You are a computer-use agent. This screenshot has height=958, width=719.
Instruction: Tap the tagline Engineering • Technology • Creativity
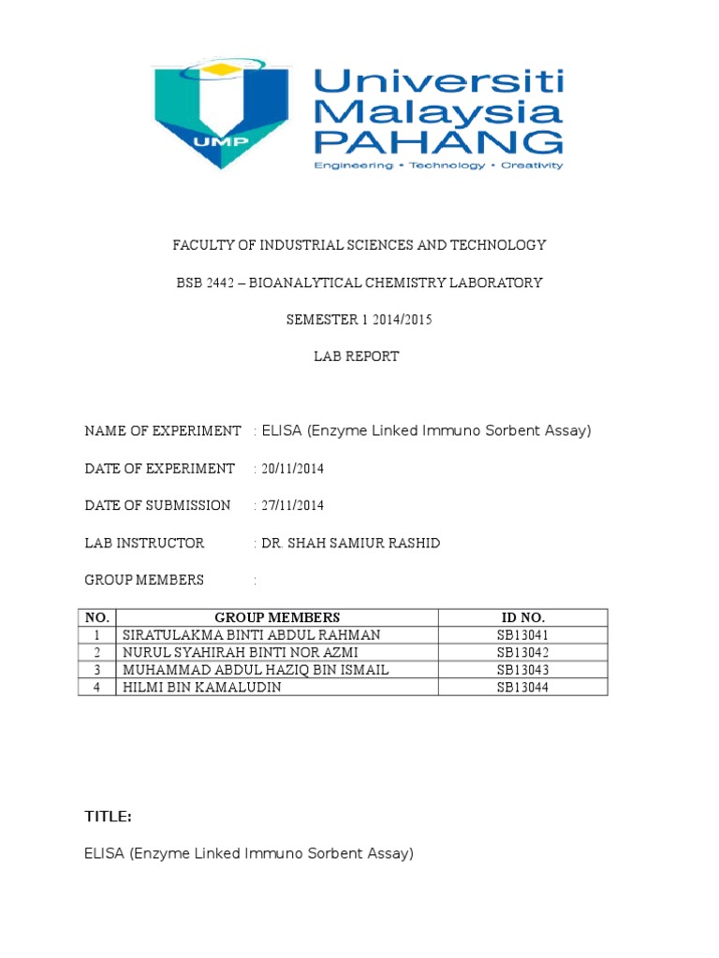438,166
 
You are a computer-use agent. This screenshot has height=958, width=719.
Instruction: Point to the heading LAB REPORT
359,356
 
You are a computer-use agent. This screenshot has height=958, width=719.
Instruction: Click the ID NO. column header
522,617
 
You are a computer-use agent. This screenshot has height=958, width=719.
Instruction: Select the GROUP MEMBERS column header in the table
277,617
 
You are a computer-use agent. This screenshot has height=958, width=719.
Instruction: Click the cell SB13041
522,634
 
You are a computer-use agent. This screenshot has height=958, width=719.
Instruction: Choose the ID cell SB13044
522,688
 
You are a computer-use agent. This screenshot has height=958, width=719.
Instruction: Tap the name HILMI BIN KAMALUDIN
202,688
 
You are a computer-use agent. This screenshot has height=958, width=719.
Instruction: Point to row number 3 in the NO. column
97,670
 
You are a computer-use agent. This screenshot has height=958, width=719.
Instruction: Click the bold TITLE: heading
108,817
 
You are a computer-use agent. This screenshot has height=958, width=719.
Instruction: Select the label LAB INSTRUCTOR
144,544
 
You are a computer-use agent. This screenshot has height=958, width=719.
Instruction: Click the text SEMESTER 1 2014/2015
359,320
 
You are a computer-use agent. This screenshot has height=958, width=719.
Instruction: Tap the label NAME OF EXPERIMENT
163,431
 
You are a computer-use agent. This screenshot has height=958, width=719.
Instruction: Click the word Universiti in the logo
438,84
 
